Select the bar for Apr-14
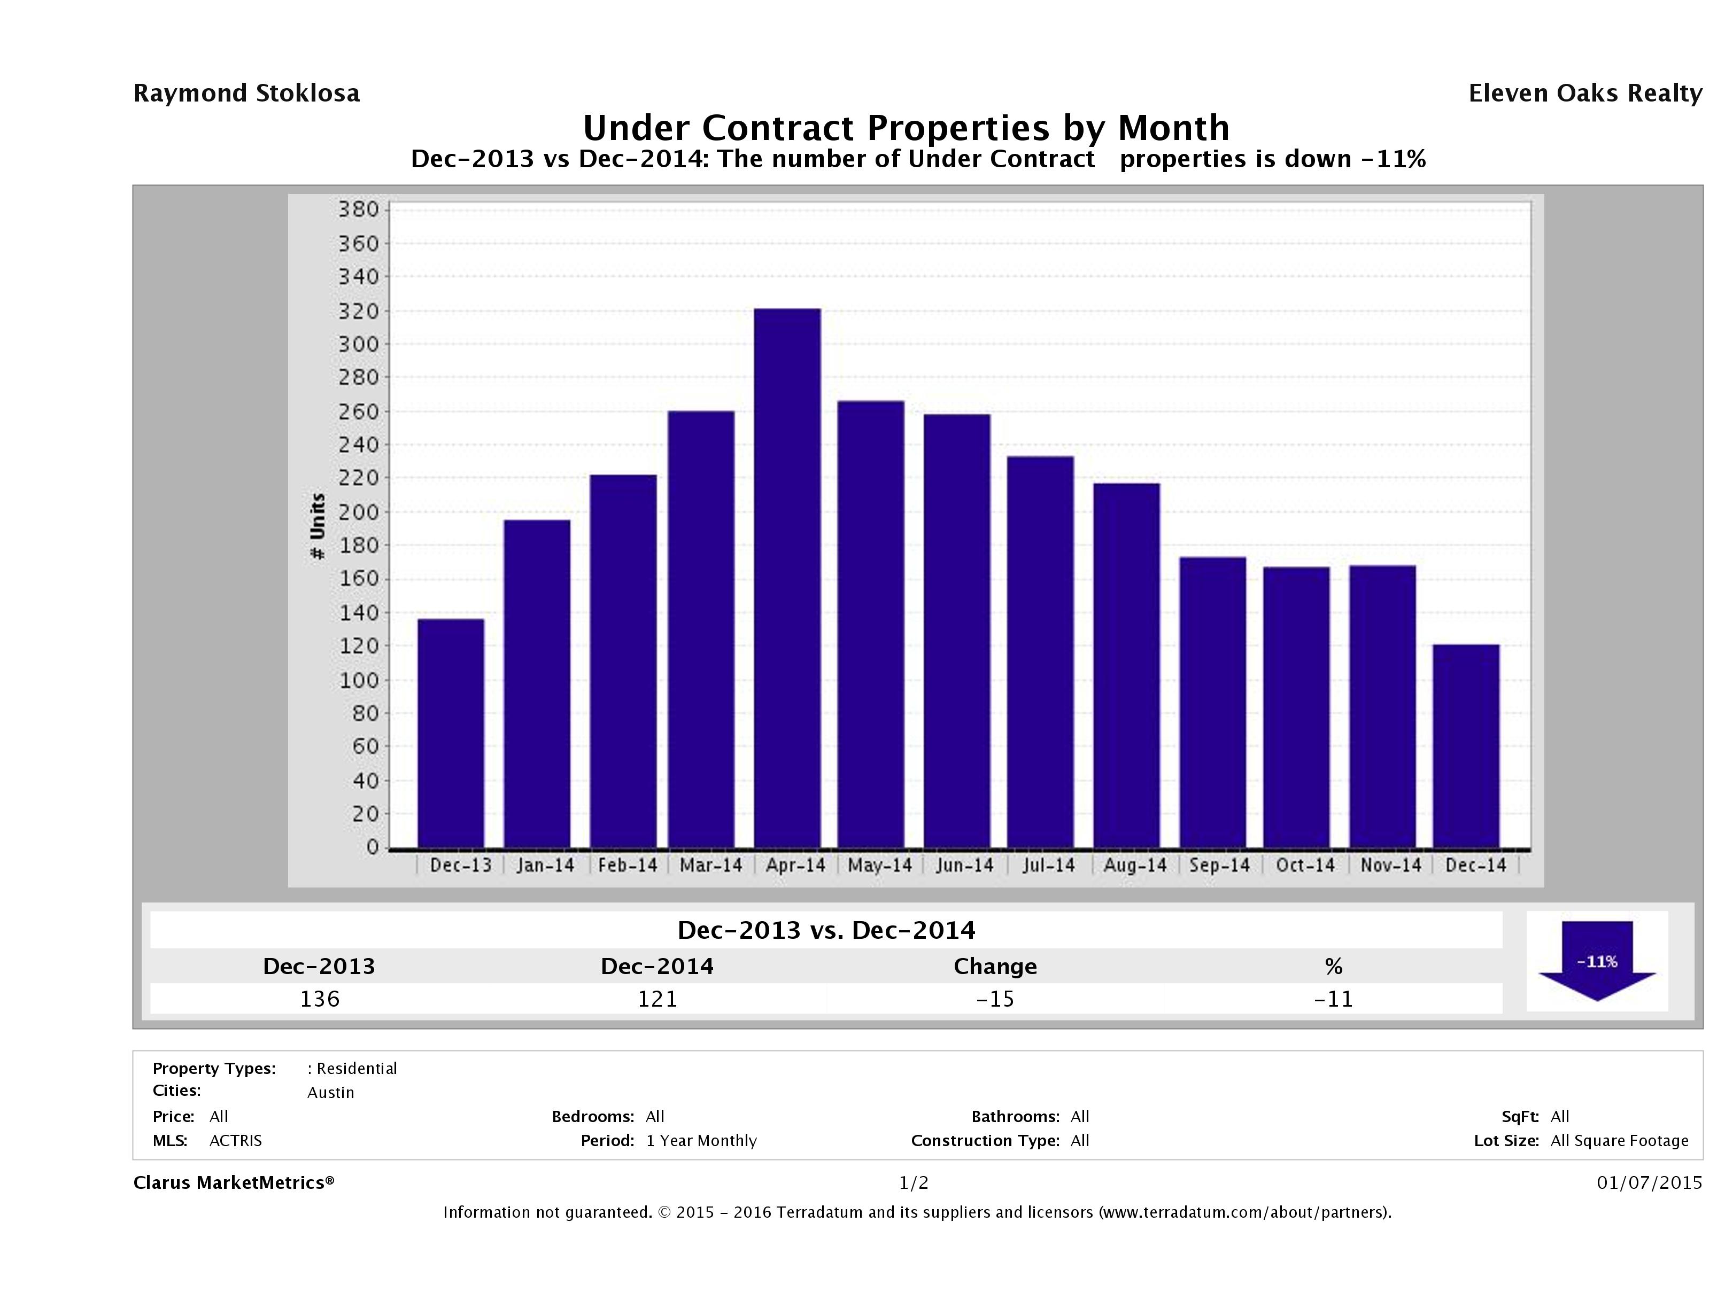coord(787,578)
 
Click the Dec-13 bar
coord(451,733)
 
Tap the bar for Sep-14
coord(1213,702)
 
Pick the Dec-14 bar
coord(1466,745)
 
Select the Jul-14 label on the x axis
coord(1048,865)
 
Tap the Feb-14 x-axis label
coord(628,865)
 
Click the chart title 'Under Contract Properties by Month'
coord(906,127)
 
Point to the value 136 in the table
coord(320,999)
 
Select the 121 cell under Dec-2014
coord(657,999)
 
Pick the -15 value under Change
coord(995,999)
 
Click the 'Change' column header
coord(995,967)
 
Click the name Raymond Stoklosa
coord(246,94)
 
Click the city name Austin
coord(331,1092)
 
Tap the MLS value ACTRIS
coord(236,1140)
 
